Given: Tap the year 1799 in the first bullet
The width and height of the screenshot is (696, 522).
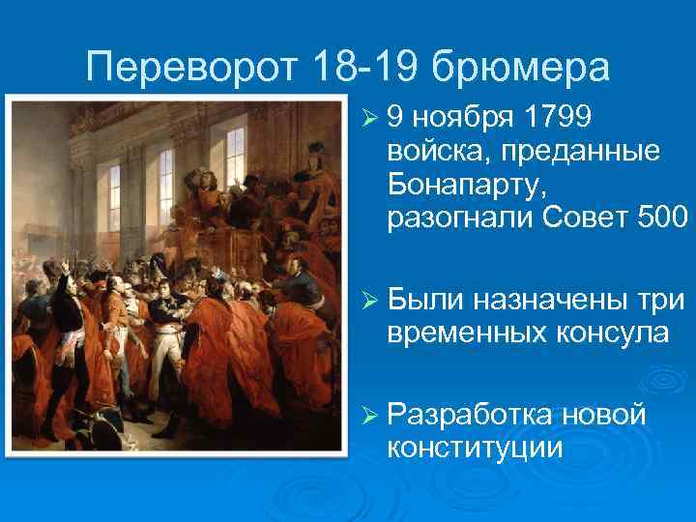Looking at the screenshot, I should coord(560,117).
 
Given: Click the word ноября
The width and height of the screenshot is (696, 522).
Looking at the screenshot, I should coord(464,117).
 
